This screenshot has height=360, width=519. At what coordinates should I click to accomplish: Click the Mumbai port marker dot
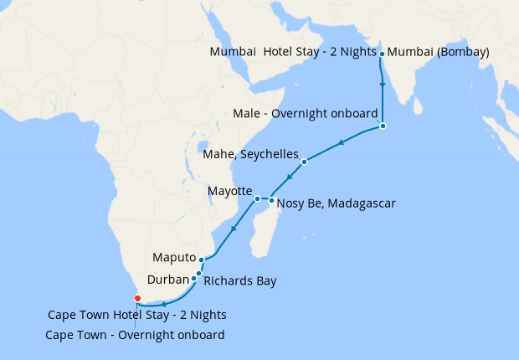pos(383,54)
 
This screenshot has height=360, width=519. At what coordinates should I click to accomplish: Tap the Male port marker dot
pos(383,126)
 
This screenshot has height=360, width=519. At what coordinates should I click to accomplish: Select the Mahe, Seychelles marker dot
pos(305,162)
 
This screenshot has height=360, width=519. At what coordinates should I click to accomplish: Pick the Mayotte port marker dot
pos(257,198)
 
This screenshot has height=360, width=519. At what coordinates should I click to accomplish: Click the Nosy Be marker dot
pos(271,201)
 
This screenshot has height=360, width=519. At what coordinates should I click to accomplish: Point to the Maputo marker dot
pos(202,260)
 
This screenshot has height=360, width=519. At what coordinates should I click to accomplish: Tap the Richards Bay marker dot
pos(199,273)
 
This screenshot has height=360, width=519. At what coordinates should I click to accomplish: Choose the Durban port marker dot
pos(194,279)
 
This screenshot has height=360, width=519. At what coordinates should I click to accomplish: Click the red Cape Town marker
pos(137,298)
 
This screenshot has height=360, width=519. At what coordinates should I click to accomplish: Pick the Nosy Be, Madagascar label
pos(336,203)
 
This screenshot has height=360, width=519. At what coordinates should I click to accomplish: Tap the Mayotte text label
pos(229,192)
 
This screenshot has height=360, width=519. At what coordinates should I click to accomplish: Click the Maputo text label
pos(174,257)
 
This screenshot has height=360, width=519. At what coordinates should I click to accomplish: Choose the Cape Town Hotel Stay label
pos(136,316)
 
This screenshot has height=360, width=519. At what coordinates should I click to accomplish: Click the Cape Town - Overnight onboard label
pos(136,336)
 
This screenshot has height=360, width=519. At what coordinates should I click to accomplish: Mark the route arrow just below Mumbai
pos(383,85)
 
